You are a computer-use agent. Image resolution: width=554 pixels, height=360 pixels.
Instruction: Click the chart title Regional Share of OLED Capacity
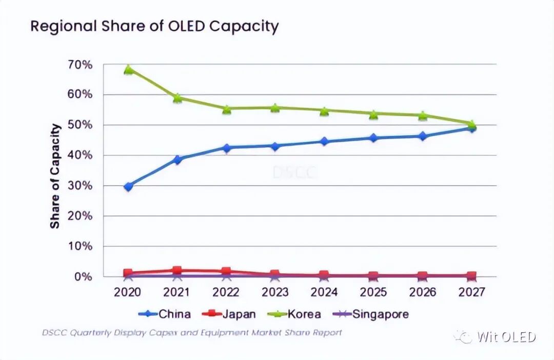[154, 26]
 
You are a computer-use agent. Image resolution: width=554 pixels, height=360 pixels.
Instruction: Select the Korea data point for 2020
[128, 70]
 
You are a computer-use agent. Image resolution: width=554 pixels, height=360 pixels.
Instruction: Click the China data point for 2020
[128, 187]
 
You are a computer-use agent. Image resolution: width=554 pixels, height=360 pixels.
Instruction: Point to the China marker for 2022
[227, 148]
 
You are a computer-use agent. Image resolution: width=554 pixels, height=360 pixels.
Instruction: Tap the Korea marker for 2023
[275, 108]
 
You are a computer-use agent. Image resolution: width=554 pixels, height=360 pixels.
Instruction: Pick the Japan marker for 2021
[177, 270]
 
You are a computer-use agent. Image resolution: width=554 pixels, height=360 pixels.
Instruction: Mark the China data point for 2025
[373, 138]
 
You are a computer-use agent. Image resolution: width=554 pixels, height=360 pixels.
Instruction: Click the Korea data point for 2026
[422, 115]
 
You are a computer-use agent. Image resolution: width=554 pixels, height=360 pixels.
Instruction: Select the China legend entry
[165, 314]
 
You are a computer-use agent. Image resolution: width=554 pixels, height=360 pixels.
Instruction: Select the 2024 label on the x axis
[324, 292]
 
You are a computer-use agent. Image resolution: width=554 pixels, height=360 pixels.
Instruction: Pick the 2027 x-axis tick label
[471, 292]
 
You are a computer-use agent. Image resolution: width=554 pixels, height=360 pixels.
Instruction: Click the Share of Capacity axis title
[55, 176]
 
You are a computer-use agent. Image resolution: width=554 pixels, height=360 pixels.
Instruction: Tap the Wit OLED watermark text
[506, 337]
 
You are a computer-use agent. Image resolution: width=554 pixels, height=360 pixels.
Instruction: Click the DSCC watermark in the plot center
[294, 172]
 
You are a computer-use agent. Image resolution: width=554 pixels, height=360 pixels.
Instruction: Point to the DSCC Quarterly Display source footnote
[191, 332]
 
